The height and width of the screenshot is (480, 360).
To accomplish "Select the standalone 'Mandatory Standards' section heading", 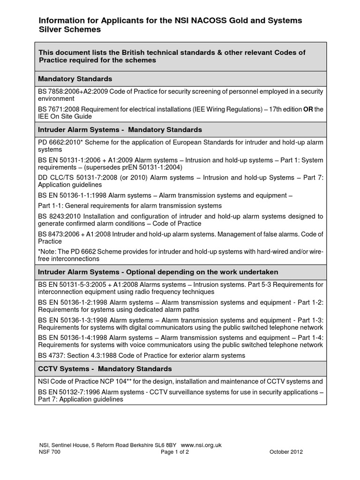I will point(75,79).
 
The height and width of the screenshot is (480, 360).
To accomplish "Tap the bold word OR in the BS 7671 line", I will point(308,109).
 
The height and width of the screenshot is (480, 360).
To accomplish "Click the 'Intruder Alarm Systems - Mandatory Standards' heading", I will point(120,129).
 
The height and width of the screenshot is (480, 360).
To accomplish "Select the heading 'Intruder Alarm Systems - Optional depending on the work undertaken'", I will point(158,272).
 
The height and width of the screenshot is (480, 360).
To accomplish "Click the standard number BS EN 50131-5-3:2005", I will point(73,284).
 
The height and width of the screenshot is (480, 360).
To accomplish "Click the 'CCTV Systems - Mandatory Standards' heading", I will point(105,369).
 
